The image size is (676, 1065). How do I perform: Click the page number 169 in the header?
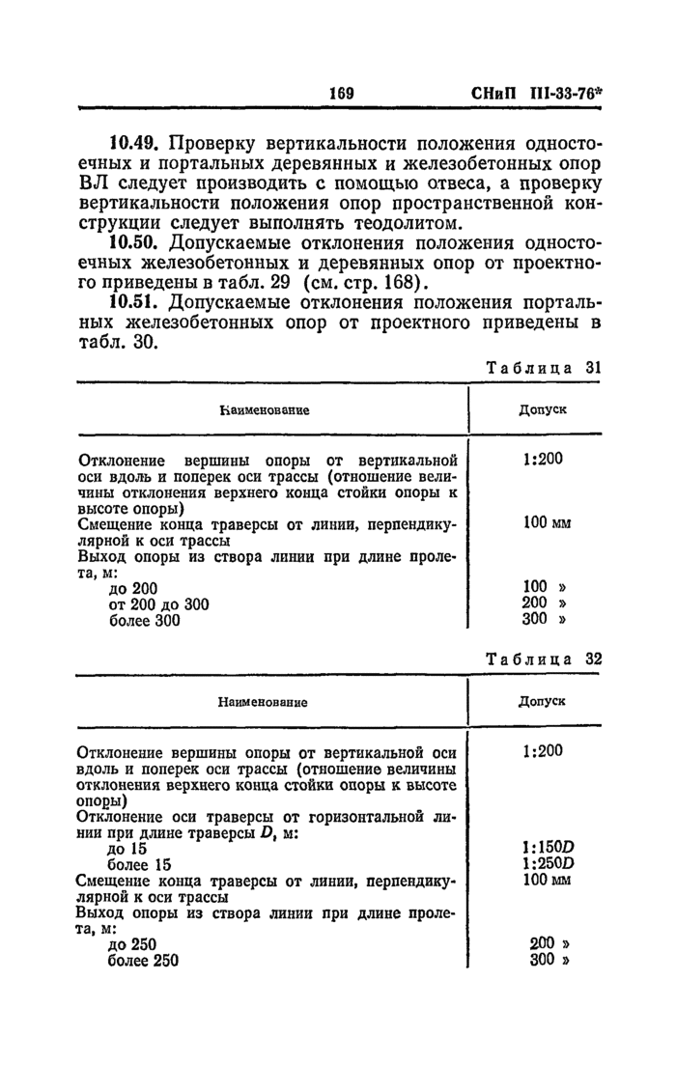point(343,94)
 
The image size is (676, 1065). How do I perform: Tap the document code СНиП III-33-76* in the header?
point(543,94)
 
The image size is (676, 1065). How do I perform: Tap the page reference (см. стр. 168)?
point(363,283)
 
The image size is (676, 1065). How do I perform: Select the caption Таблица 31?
point(544,368)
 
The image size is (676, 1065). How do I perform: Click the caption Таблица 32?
point(544,659)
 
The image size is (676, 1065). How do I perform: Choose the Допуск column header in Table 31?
point(542,409)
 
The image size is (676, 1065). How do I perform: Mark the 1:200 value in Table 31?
point(542,459)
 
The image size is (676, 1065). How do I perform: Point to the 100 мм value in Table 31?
point(548,522)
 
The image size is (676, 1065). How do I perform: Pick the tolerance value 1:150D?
point(548,848)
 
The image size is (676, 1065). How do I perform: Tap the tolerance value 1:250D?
point(548,864)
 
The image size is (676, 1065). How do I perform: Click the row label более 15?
point(139,864)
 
